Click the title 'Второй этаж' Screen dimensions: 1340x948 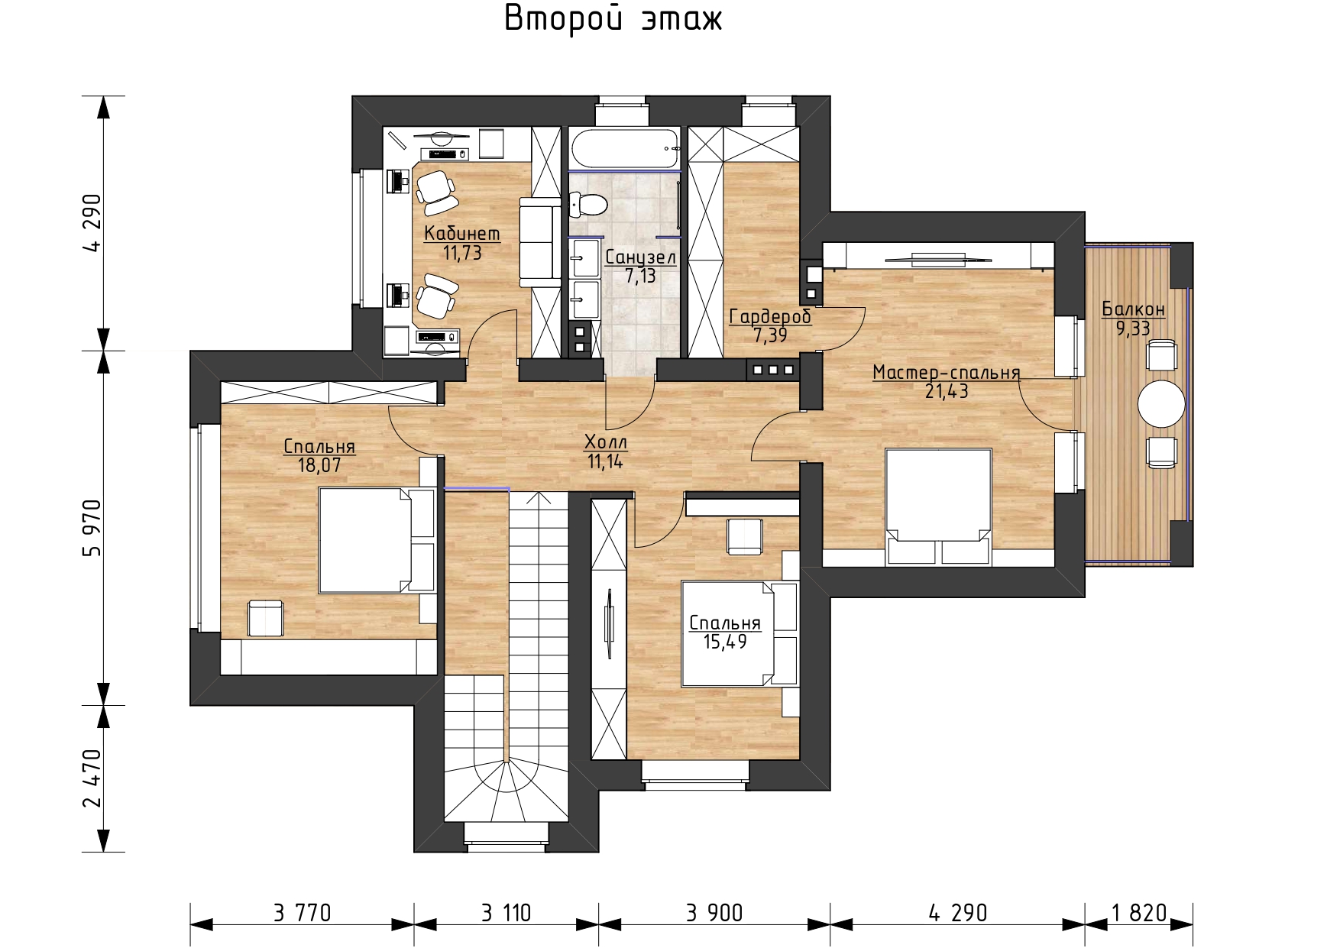tap(613, 20)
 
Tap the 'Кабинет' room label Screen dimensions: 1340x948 tap(463, 233)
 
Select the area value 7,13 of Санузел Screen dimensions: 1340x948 tap(640, 277)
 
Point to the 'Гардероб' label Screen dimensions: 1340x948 tap(770, 316)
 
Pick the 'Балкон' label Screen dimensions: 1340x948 tap(1133, 309)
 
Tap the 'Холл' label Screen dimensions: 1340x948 tap(606, 442)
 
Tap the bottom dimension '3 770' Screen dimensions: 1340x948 tap(302, 913)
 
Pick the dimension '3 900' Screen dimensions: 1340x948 tap(714, 913)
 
